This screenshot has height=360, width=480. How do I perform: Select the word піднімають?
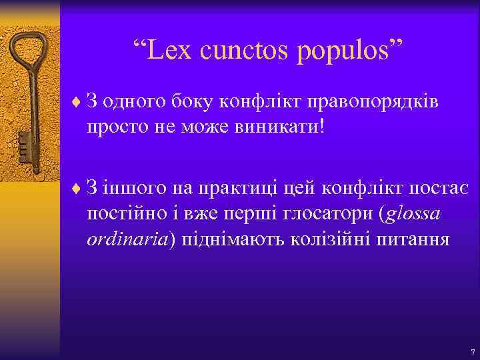click(233, 239)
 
